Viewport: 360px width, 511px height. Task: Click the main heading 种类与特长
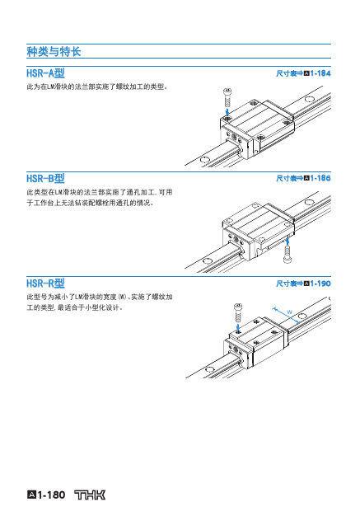tap(54, 51)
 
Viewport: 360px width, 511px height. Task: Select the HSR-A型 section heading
tap(45, 73)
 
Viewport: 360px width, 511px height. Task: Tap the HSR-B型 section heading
tap(45, 178)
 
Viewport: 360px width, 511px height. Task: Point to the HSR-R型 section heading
tap(45, 284)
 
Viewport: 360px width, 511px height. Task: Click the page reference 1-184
tap(320, 73)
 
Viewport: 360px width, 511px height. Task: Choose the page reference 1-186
tap(320, 178)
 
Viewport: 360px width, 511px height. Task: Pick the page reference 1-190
tap(320, 284)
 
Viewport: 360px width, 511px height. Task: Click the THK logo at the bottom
tap(90, 495)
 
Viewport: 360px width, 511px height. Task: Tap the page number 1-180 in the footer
tap(51, 495)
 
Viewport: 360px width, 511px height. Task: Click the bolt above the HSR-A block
tap(227, 97)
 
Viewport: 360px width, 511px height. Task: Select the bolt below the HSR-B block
tap(288, 255)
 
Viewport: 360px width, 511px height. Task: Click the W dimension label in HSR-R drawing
tap(289, 312)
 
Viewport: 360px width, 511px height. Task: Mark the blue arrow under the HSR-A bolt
tap(227, 112)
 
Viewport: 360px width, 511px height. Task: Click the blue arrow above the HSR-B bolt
tap(287, 241)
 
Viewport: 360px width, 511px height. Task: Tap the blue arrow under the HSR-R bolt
tap(238, 327)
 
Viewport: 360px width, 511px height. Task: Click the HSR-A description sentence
tap(97, 87)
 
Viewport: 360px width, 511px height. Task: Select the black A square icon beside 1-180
tap(31, 495)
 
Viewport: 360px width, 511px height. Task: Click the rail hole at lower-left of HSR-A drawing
tap(205, 160)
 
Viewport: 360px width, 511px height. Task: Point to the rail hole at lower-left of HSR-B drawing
tap(208, 261)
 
